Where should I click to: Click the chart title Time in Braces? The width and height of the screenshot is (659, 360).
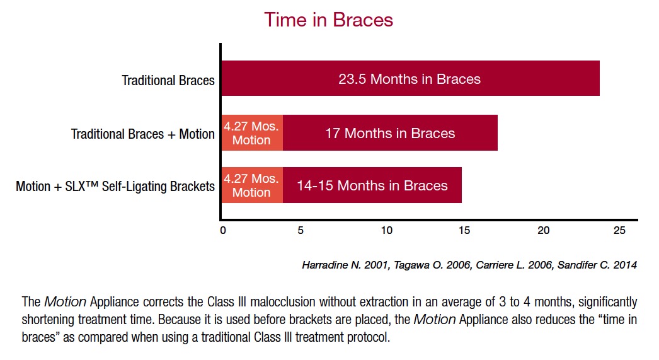pyautogui.click(x=328, y=20)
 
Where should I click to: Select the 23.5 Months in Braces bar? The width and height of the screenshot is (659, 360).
pyautogui.click(x=410, y=79)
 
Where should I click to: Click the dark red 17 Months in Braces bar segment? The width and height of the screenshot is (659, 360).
pyautogui.click(x=390, y=133)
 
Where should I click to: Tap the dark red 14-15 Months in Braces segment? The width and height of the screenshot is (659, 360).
pyautogui.click(x=372, y=185)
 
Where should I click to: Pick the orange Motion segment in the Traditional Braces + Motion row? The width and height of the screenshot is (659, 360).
pyautogui.click(x=251, y=133)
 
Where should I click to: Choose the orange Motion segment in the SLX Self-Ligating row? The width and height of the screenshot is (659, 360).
pyautogui.click(x=251, y=185)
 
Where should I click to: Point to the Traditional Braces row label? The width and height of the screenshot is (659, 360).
pyautogui.click(x=168, y=80)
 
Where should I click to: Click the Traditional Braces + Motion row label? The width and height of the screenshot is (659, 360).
pyautogui.click(x=143, y=134)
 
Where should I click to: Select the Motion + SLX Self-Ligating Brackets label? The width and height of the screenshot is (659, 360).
pyautogui.click(x=115, y=187)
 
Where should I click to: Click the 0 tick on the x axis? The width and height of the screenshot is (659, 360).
pyautogui.click(x=222, y=230)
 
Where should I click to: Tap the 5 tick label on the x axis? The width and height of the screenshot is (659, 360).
pyautogui.click(x=301, y=230)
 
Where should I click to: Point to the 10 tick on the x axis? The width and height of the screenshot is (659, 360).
pyautogui.click(x=386, y=230)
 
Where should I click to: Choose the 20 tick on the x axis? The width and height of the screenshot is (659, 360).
pyautogui.click(x=543, y=230)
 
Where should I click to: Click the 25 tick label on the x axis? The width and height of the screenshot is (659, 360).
pyautogui.click(x=620, y=230)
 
